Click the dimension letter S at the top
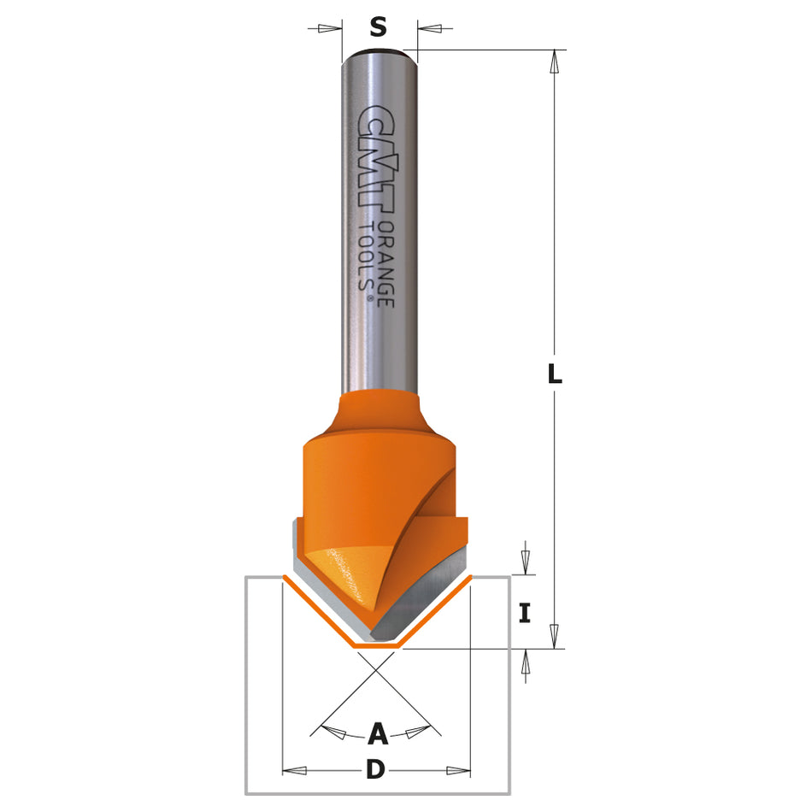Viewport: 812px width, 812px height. (x=378, y=27)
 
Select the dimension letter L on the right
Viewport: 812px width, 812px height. (x=555, y=374)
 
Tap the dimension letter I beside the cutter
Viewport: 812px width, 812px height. (x=525, y=612)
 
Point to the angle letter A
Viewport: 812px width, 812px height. (x=378, y=733)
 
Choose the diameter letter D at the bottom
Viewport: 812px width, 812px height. (x=375, y=770)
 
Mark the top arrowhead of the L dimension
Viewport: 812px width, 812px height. (x=555, y=62)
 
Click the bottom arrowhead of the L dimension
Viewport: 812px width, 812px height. (x=555, y=636)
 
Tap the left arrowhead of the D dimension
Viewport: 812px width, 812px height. (x=295, y=770)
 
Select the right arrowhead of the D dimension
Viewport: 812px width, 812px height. (x=458, y=770)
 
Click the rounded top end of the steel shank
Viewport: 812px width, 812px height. (x=379, y=56)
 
